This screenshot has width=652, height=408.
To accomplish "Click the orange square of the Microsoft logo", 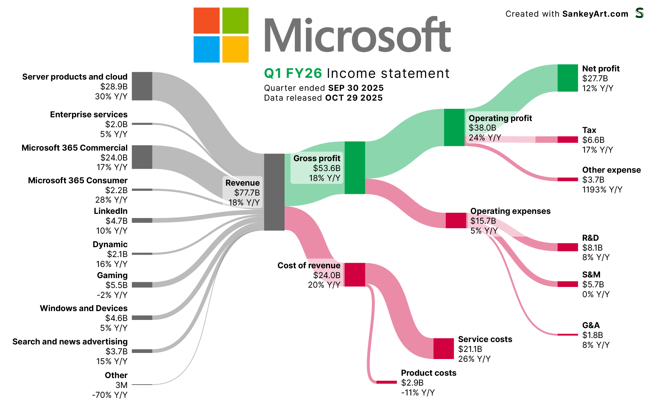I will (206, 20).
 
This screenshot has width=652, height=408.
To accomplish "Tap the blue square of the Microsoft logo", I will (206, 49).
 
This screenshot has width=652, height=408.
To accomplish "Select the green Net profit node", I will (567, 78).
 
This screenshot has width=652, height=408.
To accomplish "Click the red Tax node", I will (567, 139).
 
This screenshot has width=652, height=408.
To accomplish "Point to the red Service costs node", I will (443, 348).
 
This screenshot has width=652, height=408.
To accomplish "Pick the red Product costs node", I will (386, 382).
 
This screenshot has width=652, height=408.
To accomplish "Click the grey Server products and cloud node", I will (142, 86).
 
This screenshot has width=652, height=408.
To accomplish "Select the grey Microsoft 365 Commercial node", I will (142, 157).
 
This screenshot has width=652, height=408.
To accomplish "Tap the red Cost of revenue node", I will (355, 274).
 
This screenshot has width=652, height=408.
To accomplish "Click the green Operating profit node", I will (454, 127).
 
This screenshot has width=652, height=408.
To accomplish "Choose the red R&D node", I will (567, 247).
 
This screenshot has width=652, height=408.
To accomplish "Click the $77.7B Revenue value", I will (247, 193).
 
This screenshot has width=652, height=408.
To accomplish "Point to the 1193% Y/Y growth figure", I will (602, 190).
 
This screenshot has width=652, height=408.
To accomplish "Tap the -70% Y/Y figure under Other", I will (110, 395).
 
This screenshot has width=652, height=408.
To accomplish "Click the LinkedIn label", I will (111, 211).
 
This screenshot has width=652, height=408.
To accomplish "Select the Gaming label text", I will (112, 275).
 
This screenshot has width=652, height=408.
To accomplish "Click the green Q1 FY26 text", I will (293, 73).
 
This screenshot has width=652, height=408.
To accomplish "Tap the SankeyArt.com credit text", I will (595, 14).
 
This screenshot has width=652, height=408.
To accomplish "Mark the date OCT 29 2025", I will (354, 98).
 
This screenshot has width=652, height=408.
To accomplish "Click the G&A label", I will (591, 325).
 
